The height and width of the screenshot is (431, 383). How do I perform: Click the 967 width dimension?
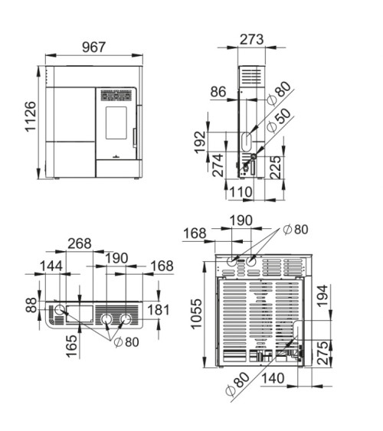click(93, 47)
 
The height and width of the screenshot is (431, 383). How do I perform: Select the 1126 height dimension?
click(31, 116)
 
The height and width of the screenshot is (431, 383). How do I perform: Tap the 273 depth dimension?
click(251, 39)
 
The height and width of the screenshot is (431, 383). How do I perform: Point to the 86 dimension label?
click(218, 92)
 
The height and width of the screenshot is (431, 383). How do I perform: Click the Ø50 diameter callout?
click(279, 120)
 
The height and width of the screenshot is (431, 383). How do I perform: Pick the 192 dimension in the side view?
click(200, 142)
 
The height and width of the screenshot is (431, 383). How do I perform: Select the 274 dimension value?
click(218, 165)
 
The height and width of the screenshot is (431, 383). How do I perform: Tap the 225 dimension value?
click(275, 168)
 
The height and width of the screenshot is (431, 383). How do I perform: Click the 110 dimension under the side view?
click(241, 192)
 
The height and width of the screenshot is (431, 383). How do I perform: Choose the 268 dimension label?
click(80, 243)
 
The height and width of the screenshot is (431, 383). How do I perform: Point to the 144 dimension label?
click(51, 266)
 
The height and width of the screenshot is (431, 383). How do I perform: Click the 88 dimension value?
click(31, 305)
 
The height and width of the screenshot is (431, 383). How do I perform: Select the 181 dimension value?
click(159, 310)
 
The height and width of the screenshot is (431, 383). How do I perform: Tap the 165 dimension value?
click(71, 346)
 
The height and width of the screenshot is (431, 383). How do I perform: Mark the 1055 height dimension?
click(196, 314)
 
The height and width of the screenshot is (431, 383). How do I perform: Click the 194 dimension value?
click(322, 295)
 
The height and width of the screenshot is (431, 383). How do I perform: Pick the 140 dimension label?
click(273, 378)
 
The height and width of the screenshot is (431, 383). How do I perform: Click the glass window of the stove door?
click(116, 122)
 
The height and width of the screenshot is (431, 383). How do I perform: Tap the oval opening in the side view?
click(247, 142)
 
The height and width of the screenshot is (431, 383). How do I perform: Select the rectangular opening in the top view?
click(80, 313)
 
